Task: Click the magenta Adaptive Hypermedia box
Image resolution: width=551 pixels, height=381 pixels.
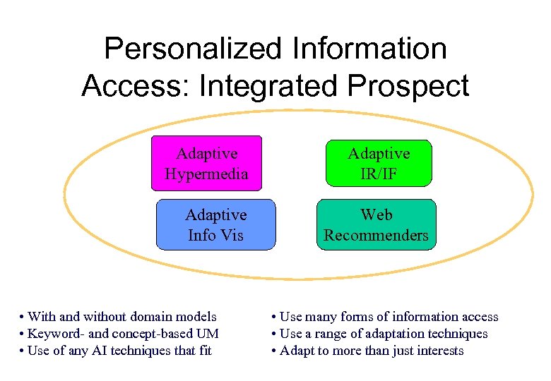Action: coord(206,163)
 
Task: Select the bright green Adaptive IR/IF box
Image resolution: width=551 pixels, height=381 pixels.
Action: coord(378,163)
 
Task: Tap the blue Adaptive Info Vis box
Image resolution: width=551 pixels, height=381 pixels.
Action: coord(215,224)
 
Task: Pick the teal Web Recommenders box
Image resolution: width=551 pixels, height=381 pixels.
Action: coord(376,224)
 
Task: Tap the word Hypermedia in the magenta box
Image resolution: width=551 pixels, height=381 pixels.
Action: coord(206,174)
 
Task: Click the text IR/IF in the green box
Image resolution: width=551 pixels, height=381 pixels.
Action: coord(378,174)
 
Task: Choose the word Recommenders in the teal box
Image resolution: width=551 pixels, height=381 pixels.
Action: coord(376,235)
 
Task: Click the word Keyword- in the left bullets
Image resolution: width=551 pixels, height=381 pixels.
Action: coord(56,334)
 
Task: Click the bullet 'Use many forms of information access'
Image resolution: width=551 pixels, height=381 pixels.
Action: coord(389,317)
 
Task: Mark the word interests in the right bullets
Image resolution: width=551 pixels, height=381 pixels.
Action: coord(438,351)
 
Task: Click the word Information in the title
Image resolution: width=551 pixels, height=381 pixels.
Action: coord(360,49)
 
